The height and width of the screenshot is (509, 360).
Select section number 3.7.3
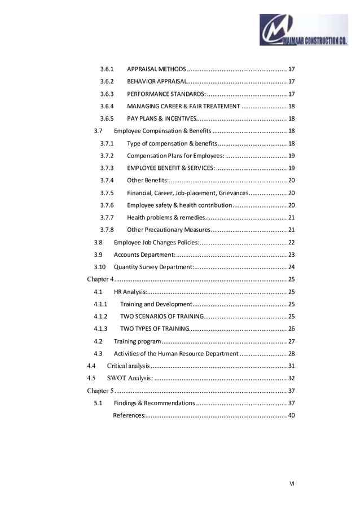tap(107, 168)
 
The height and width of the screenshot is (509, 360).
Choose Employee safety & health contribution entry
tap(179, 205)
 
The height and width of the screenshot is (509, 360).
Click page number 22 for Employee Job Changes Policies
tap(291, 243)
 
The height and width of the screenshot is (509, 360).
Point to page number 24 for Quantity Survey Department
tap(291, 267)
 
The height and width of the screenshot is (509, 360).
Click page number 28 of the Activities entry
tap(291, 354)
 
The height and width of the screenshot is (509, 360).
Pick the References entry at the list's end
tap(130, 416)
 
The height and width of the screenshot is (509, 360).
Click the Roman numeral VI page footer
tap(292, 483)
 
